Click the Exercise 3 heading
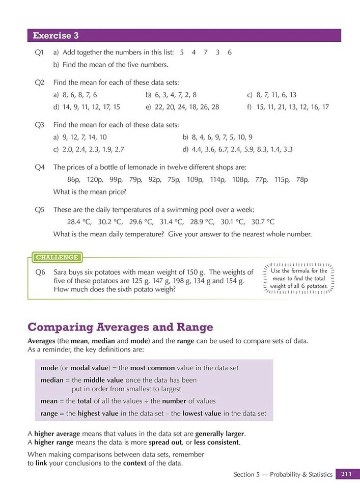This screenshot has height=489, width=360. [56, 36]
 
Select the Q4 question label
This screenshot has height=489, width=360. [40, 167]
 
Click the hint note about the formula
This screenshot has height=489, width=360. [299, 279]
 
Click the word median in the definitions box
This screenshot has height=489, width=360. [52, 381]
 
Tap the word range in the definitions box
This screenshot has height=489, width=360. [50, 413]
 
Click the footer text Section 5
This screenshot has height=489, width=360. [246, 474]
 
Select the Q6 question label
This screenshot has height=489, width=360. [40, 273]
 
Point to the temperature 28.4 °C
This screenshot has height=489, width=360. [78, 222]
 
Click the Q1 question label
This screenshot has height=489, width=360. [40, 52]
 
